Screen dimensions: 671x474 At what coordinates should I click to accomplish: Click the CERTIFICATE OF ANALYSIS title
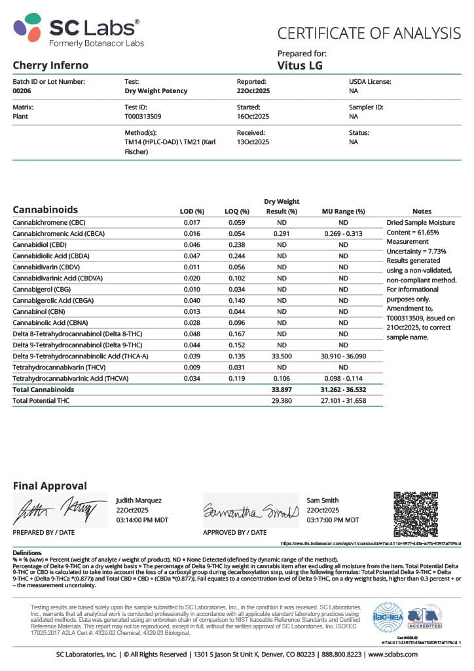pos(369,33)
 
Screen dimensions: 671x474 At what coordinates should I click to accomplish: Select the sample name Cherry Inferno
pos(50,66)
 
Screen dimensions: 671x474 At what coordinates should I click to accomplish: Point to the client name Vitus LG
pos(300,66)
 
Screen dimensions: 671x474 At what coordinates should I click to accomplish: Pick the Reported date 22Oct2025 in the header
pos(253,92)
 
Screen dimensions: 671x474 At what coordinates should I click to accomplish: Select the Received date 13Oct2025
pos(253,142)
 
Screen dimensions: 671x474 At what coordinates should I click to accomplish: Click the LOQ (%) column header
pos(237,212)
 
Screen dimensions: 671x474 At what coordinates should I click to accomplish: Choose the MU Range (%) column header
pos(343,212)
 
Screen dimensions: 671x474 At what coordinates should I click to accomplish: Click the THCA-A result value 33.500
pos(282,356)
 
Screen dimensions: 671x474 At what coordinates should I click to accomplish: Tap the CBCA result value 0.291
pos(282,234)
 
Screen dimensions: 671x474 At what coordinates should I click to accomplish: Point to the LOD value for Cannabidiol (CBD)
pos(192,245)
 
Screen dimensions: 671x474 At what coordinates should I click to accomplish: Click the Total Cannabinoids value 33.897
pos(282,389)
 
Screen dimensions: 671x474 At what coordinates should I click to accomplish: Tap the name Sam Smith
pos(322,500)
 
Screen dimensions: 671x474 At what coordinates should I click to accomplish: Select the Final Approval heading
pos(50,486)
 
